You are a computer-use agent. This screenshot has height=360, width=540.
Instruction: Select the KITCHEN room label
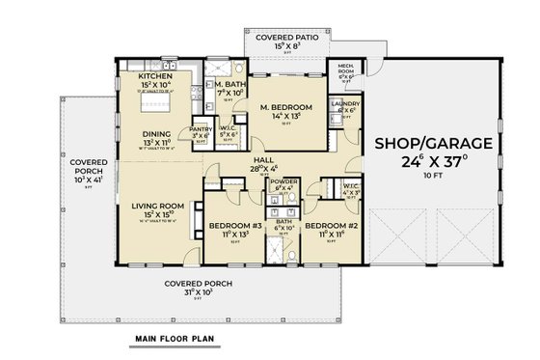[x=154, y=75]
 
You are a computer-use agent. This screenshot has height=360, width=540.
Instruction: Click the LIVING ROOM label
[x=160, y=203]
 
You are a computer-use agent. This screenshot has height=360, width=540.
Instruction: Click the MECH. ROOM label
[x=344, y=69]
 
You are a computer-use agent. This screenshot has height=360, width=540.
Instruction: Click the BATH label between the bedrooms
[x=283, y=221]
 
